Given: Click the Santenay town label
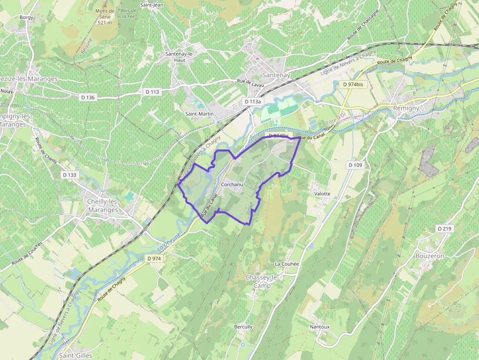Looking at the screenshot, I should [277, 75].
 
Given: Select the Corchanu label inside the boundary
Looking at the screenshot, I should [232, 185].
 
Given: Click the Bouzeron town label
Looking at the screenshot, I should [430, 256].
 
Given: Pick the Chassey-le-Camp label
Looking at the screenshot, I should [261, 281].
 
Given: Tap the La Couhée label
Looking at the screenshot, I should [286, 264].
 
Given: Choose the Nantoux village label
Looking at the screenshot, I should [320, 327].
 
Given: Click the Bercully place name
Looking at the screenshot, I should [243, 327].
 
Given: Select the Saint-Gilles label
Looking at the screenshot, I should [76, 356].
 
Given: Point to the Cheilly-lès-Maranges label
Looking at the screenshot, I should [103, 206].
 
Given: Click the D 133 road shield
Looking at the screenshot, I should [70, 175].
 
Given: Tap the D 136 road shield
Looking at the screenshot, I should [87, 97].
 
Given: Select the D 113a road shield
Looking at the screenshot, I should [253, 102].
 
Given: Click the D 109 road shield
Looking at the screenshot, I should [356, 165].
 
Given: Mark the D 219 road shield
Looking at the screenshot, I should [445, 229].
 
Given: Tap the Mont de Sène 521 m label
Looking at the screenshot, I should [105, 17].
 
